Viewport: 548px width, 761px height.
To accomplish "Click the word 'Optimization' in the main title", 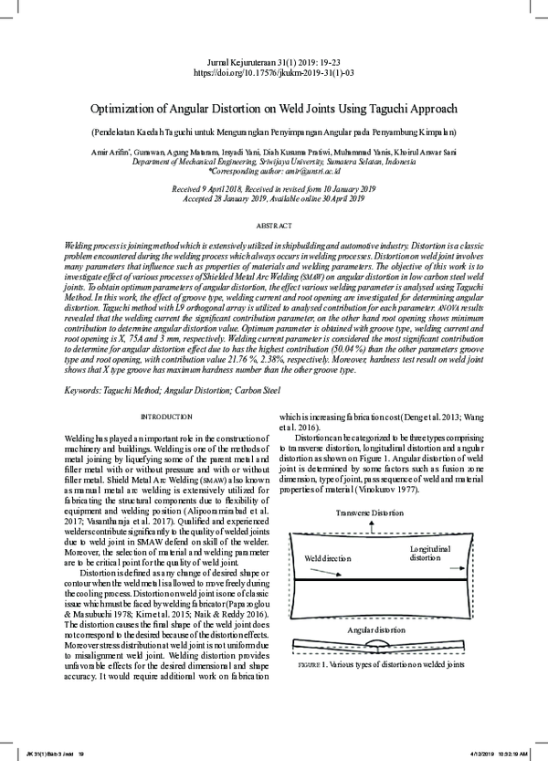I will [147, 105].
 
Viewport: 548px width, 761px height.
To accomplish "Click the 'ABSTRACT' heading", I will [274, 225].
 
